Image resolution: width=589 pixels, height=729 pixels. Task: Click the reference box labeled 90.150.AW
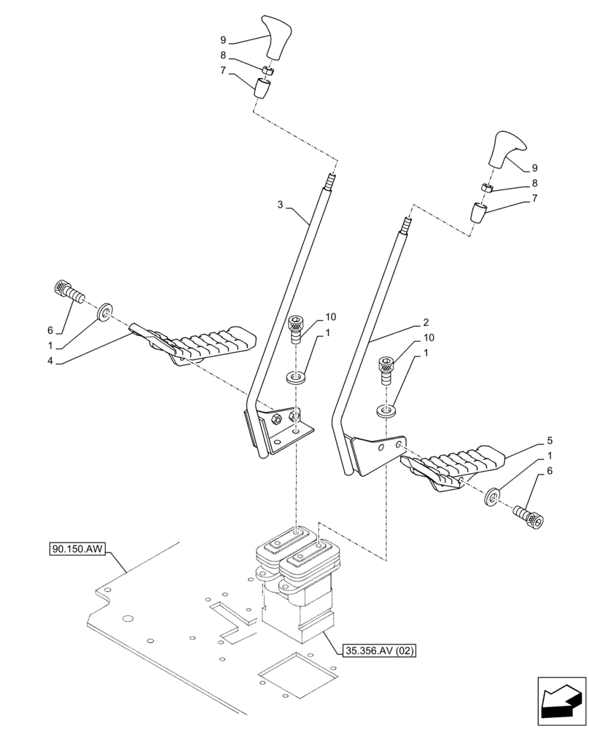tap(79, 548)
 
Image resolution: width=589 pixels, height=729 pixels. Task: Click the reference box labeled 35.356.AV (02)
tap(378, 651)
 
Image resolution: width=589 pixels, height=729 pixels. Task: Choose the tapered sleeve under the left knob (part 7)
tap(262, 89)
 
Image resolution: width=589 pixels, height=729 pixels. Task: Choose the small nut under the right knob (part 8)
tap(488, 188)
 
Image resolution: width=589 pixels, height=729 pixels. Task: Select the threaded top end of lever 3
tap(332, 177)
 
